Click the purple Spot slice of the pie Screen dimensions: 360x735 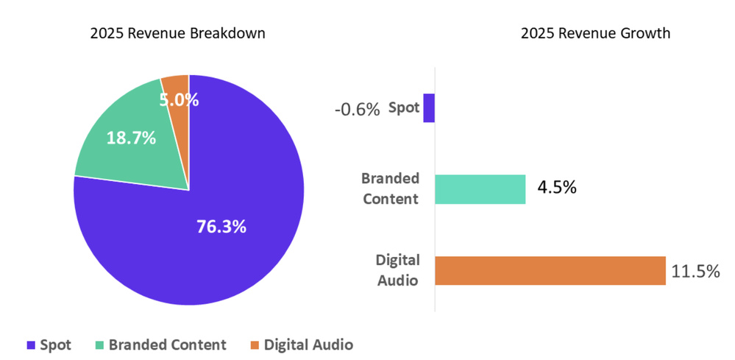pyautogui.click(x=221, y=250)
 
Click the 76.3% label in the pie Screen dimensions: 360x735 pyautogui.click(x=221, y=227)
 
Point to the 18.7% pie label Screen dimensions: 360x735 pyautogui.click(x=131, y=138)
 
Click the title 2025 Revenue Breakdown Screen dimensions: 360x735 pyautogui.click(x=177, y=34)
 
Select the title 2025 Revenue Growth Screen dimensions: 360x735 pyautogui.click(x=595, y=34)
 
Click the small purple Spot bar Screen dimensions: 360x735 pyautogui.click(x=429, y=107)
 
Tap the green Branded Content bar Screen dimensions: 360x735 pyautogui.click(x=480, y=189)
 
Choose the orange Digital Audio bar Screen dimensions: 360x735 pyautogui.click(x=550, y=270)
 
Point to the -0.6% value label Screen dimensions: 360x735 pyautogui.click(x=357, y=110)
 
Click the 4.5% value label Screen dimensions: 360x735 pyautogui.click(x=556, y=187)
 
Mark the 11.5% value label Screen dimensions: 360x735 pyautogui.click(x=695, y=272)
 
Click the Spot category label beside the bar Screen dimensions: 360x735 pyautogui.click(x=404, y=107)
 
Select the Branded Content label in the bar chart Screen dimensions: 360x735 pyautogui.click(x=391, y=188)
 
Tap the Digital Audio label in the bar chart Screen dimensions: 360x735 pyautogui.click(x=398, y=269)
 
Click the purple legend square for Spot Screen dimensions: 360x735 pyautogui.click(x=30, y=345)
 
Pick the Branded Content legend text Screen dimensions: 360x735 pyautogui.click(x=168, y=345)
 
